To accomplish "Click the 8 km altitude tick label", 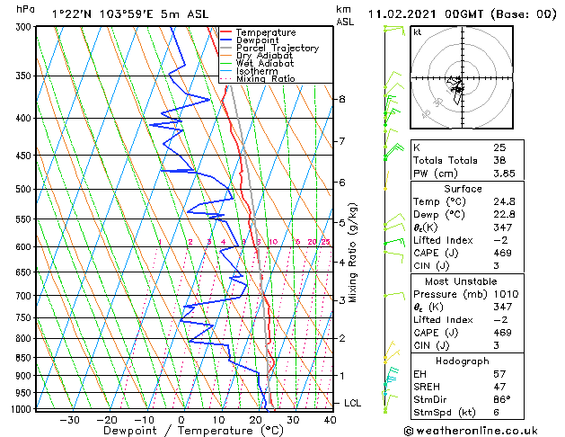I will [x=342, y=99].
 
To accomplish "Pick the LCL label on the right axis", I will [x=352, y=403].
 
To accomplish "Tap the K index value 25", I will [x=499, y=147].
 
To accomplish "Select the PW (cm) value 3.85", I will [x=504, y=174].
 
